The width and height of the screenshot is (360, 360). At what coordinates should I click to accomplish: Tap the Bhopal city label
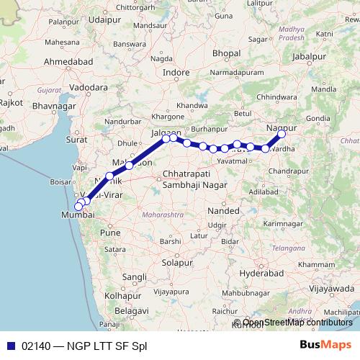coord(226,53)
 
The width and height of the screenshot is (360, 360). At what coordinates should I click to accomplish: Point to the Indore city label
coord(176,73)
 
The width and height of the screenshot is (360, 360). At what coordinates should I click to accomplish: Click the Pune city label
coord(109,233)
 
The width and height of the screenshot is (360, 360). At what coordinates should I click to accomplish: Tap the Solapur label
coord(178,263)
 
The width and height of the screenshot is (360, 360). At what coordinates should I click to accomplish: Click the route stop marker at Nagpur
coord(282,134)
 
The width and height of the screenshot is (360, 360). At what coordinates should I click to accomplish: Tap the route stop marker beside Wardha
coord(266,148)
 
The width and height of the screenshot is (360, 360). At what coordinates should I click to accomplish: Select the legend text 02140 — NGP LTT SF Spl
coord(84,346)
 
